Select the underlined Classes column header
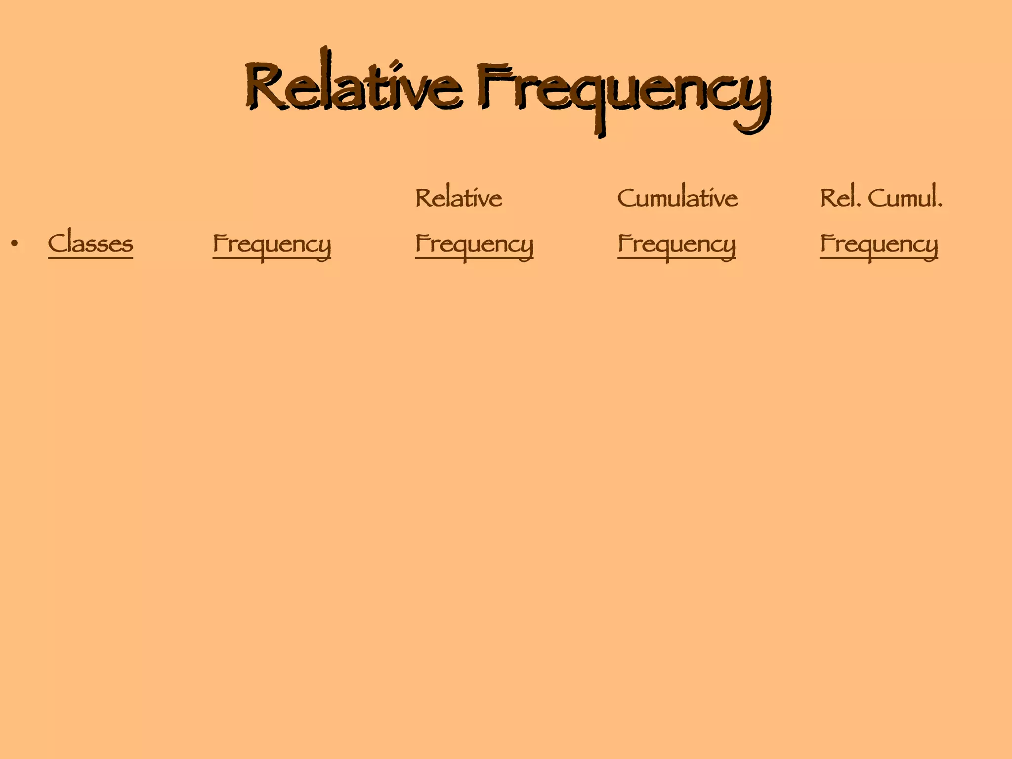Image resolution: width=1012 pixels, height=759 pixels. point(90,243)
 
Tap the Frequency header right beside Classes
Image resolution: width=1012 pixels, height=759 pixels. point(271,244)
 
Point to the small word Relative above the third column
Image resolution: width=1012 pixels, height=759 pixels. point(458,198)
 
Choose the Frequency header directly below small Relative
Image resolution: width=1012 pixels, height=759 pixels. point(474,244)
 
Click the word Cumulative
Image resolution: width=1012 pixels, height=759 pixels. point(677,198)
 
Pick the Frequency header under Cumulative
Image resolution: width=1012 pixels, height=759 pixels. point(676,244)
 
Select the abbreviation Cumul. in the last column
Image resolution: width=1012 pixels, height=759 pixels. point(905,198)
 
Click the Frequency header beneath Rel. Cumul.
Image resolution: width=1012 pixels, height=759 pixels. point(879,244)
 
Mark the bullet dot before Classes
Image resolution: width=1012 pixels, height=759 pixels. point(15,244)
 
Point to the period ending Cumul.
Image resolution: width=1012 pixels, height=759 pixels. point(940,206)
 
